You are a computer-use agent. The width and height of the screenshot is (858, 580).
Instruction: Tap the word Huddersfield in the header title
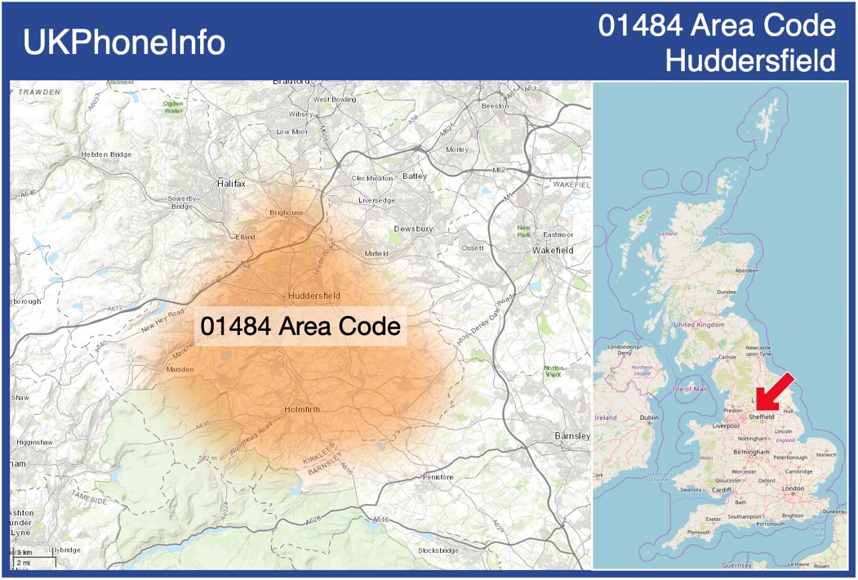(750, 60)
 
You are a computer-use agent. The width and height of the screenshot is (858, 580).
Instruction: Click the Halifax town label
(231, 184)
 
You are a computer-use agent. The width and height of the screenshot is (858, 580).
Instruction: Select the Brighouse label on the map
(286, 212)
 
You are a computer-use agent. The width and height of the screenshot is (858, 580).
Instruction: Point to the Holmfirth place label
(303, 408)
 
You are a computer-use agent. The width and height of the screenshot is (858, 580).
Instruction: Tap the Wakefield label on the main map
(553, 249)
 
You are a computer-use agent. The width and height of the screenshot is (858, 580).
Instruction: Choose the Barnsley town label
(571, 435)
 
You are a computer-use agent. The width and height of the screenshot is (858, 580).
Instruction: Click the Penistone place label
(438, 476)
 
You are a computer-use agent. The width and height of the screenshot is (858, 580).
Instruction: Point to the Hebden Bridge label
(106, 154)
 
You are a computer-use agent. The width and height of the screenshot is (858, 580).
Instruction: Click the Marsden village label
(180, 369)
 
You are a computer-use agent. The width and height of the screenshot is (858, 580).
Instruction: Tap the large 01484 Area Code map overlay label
(300, 326)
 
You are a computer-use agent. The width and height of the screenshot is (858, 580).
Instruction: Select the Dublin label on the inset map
(649, 417)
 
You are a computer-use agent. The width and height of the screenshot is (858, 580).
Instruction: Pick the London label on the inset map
(793, 489)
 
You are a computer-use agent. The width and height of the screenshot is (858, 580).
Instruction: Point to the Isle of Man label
(689, 389)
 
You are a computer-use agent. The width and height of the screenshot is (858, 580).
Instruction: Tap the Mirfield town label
(376, 253)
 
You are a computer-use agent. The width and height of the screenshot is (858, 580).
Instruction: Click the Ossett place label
(473, 248)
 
